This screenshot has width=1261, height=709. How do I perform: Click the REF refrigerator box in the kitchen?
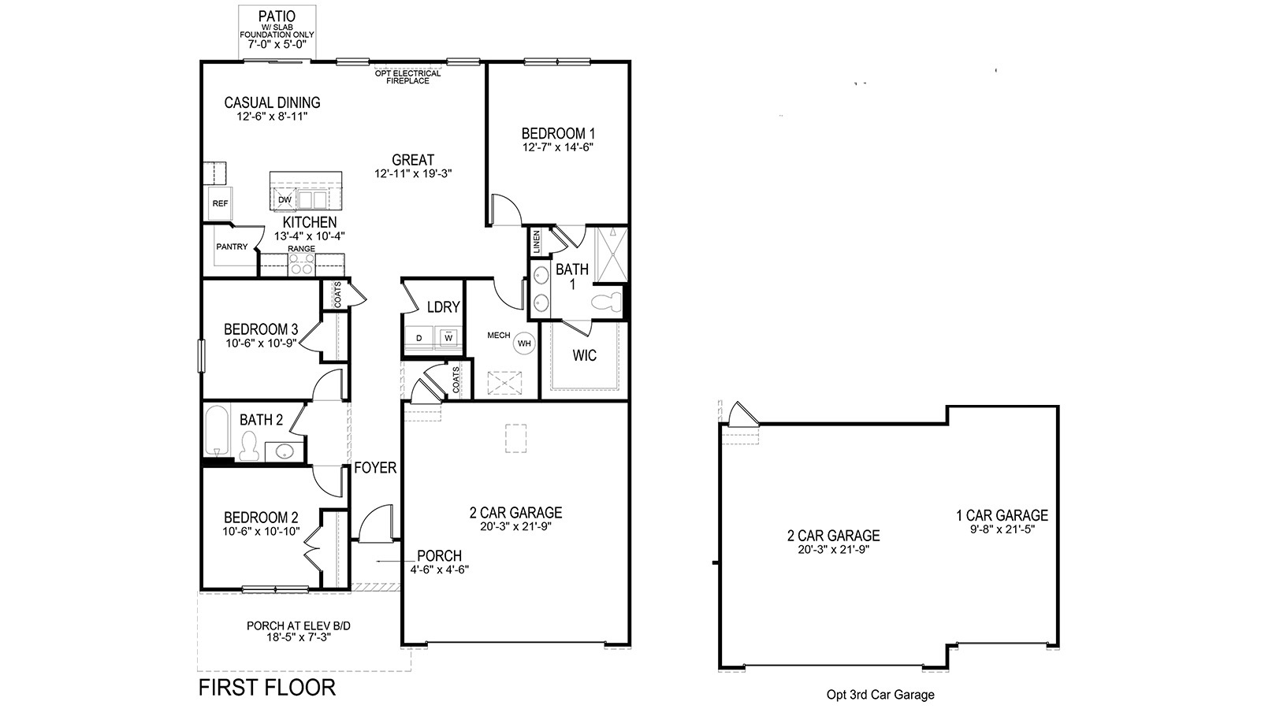tap(220, 204)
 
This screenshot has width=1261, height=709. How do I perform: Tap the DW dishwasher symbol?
tap(285, 199)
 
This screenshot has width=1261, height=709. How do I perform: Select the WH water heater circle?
tap(524, 343)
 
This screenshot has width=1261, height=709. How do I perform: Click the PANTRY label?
tap(232, 247)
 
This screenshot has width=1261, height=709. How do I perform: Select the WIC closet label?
tap(584, 355)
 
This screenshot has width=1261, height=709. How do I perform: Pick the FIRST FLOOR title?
tap(266, 687)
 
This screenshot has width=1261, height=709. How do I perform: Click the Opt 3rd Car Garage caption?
tap(880, 695)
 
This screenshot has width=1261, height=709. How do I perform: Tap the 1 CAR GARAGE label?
tap(1002, 515)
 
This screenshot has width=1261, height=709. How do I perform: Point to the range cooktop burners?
tap(301, 265)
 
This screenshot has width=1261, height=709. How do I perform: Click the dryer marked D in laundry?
tap(419, 338)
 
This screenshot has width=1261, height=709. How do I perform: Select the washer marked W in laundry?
tap(448, 338)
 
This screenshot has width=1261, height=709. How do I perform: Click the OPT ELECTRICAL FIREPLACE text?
tap(407, 76)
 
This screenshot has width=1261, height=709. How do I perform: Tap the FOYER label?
tap(375, 468)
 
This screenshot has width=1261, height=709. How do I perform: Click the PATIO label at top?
tap(277, 16)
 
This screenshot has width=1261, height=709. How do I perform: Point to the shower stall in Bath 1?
tap(610, 254)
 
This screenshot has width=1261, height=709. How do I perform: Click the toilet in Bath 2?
tap(250, 447)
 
